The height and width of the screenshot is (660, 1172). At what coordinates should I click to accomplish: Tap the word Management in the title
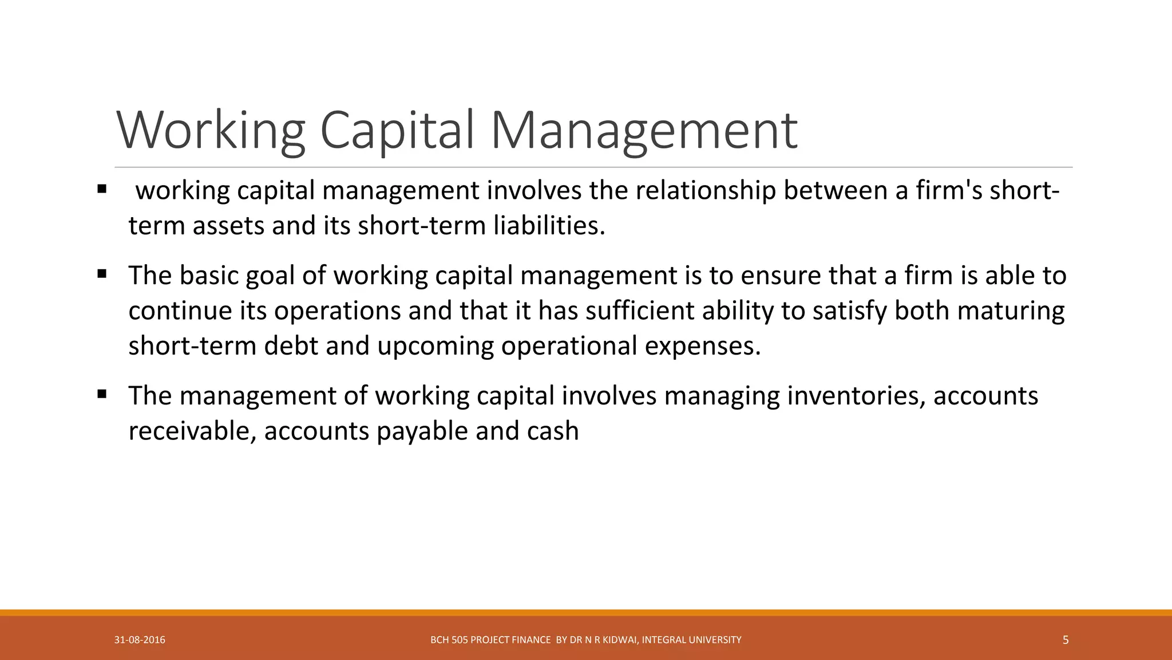coord(644,131)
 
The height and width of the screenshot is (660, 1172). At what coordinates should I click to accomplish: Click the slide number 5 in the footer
coord(1065,640)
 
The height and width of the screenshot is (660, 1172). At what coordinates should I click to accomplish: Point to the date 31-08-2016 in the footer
coord(140,640)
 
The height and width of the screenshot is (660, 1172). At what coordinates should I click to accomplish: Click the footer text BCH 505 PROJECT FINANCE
coord(490,640)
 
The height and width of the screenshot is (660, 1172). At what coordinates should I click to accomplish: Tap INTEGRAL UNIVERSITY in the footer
coord(691,640)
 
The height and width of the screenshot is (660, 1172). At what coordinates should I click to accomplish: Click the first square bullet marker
coord(102,188)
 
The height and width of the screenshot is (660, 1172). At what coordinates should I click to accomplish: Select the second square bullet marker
coord(102,274)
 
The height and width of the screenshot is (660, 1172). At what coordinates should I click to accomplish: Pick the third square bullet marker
coord(102,394)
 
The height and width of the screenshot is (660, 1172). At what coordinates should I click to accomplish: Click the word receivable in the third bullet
coord(192,431)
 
